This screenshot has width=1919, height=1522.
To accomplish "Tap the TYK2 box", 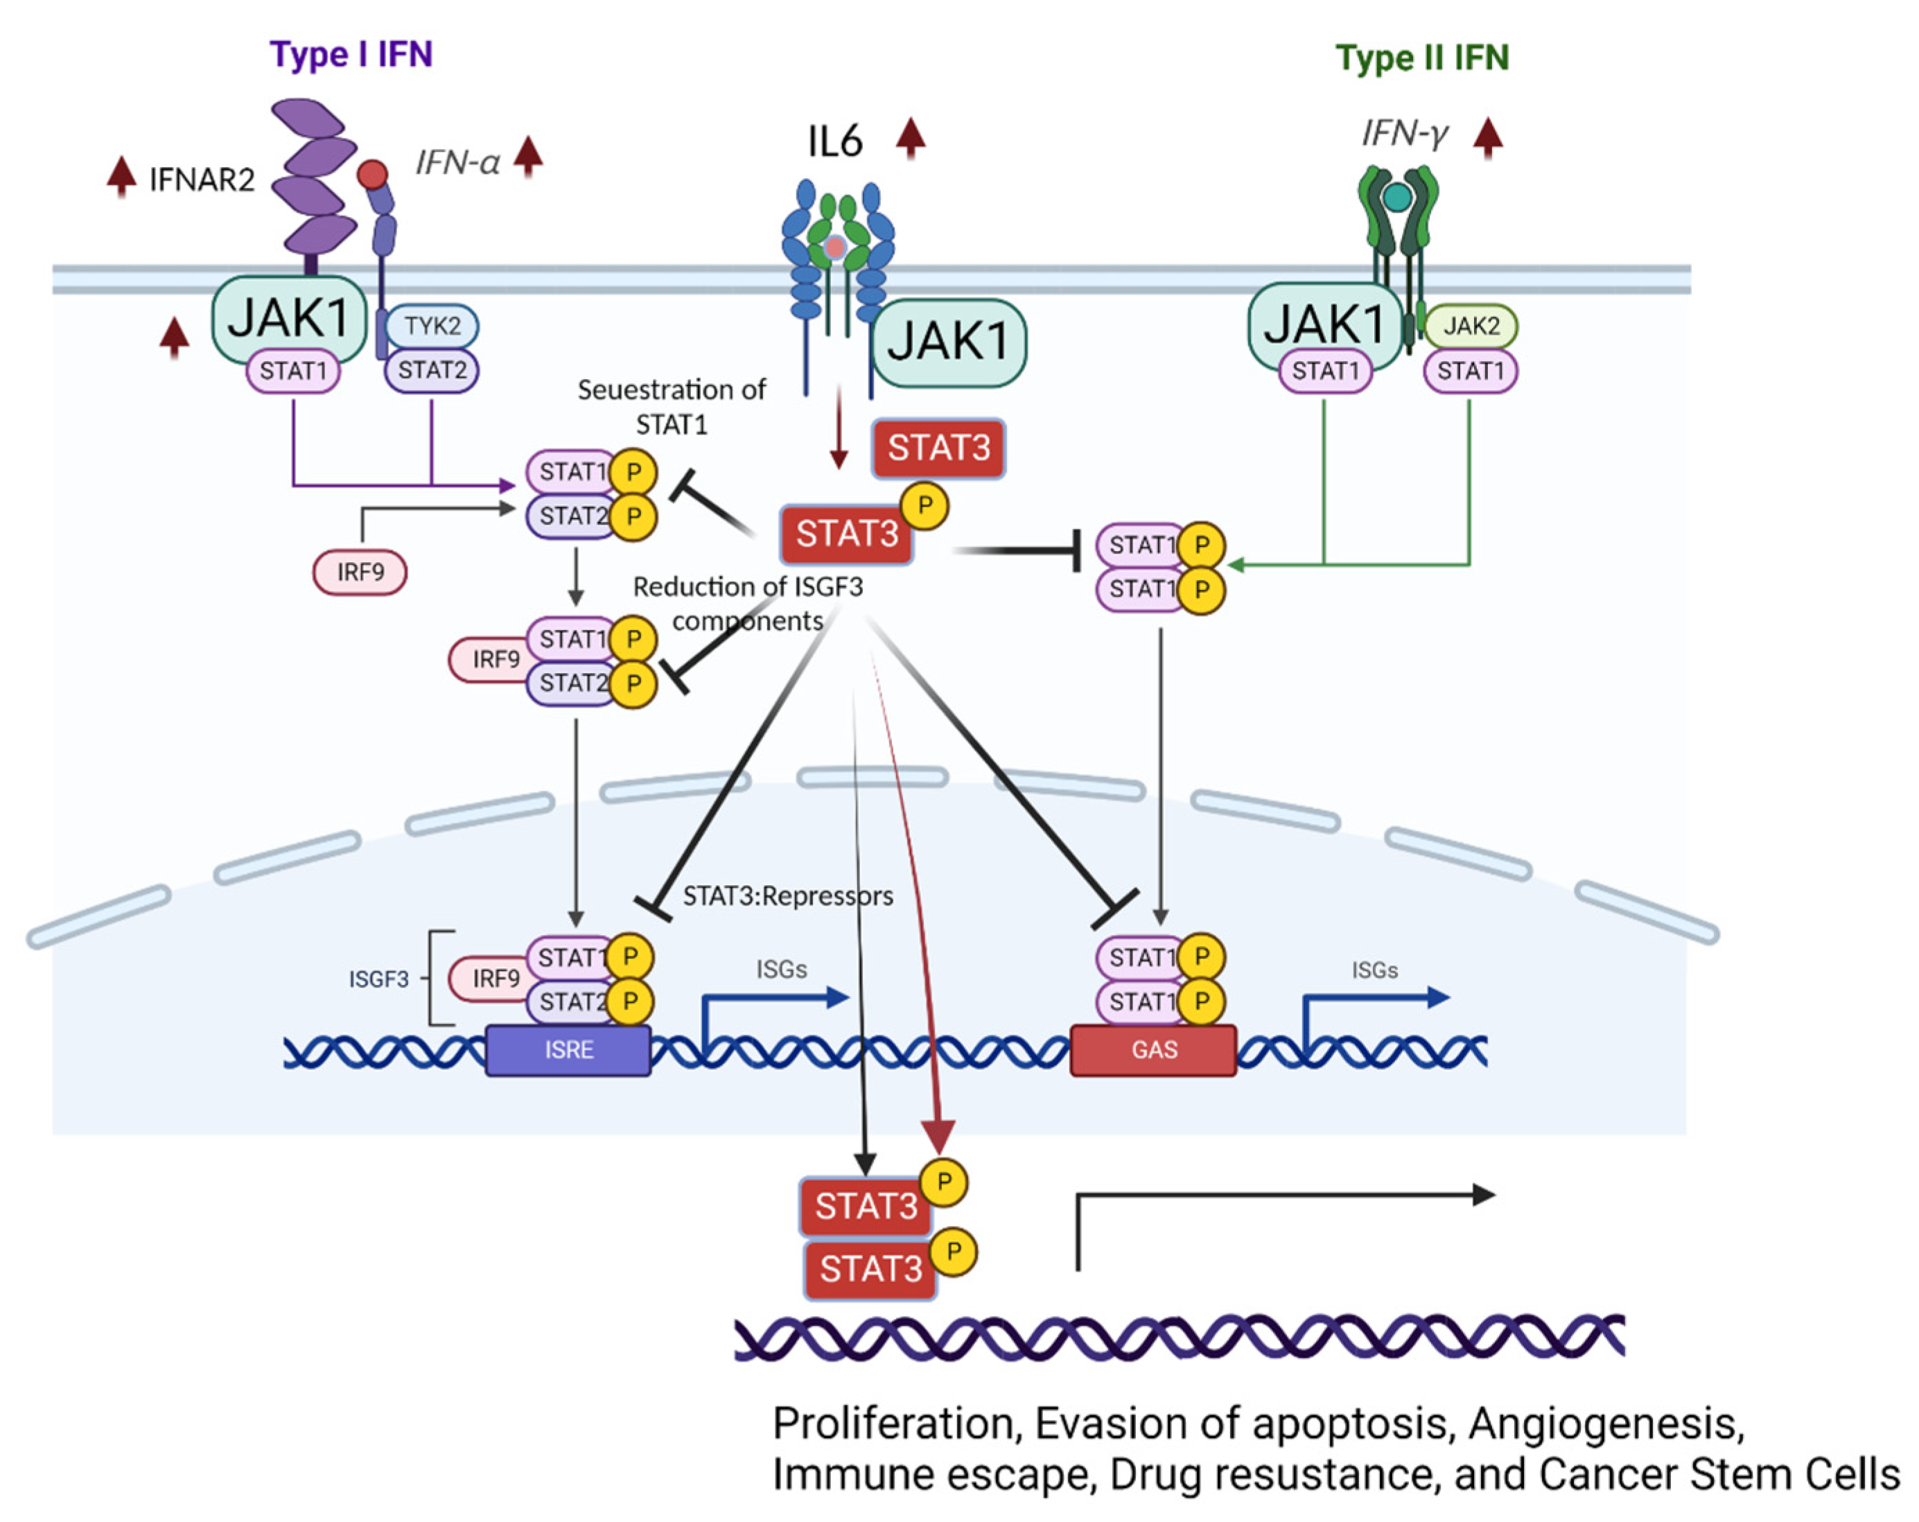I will point(432,326).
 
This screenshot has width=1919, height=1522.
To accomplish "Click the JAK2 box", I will point(1471,326).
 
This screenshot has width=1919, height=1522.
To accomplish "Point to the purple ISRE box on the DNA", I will point(568,1049).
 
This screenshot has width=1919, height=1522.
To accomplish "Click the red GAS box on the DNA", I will point(1153,1049).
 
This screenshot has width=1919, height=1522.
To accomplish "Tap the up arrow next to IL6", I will point(910,138).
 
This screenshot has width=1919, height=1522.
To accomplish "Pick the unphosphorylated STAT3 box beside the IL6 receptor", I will point(938,448).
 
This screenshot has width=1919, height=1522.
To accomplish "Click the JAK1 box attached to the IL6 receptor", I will point(948,342).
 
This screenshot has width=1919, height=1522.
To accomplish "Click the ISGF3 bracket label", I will point(378,979).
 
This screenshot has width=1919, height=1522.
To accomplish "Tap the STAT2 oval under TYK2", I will point(432,369).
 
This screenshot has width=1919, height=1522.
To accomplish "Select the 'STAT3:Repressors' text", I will point(788,895).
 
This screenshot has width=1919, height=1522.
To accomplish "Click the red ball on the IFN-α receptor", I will point(372,173).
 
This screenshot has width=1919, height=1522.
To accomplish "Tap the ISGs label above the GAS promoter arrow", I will point(1374,970).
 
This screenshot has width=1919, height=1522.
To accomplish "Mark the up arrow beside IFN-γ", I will point(1487,138).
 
